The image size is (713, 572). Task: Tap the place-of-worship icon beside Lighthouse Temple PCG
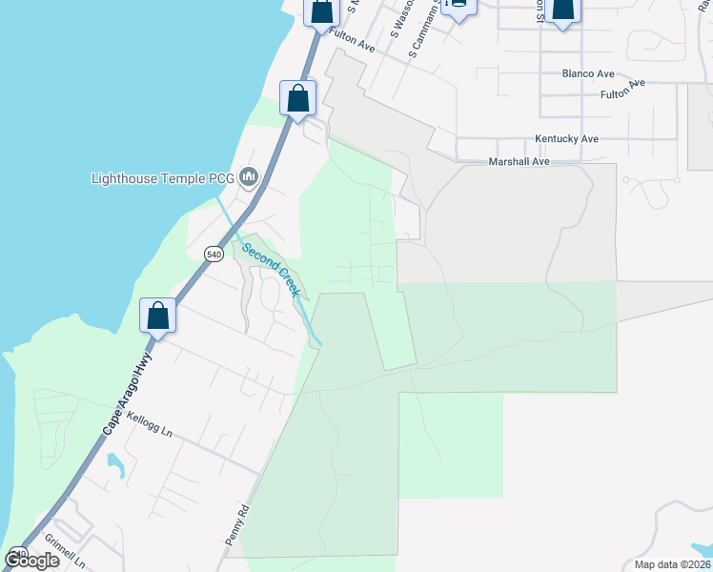coord(250,176)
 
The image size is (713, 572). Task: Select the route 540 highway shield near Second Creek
coord(214,254)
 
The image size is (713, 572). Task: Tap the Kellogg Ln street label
coord(149,425)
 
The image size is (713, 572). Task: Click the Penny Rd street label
coord(236,524)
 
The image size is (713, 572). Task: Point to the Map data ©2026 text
coord(673,564)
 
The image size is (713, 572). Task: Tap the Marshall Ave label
coord(519,162)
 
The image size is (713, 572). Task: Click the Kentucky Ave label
coord(566,138)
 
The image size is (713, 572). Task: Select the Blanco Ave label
coord(588,73)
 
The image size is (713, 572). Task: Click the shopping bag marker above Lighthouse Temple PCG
coord(298,98)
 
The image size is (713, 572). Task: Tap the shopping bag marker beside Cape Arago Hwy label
coord(158,316)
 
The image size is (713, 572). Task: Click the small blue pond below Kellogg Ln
coord(115,466)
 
